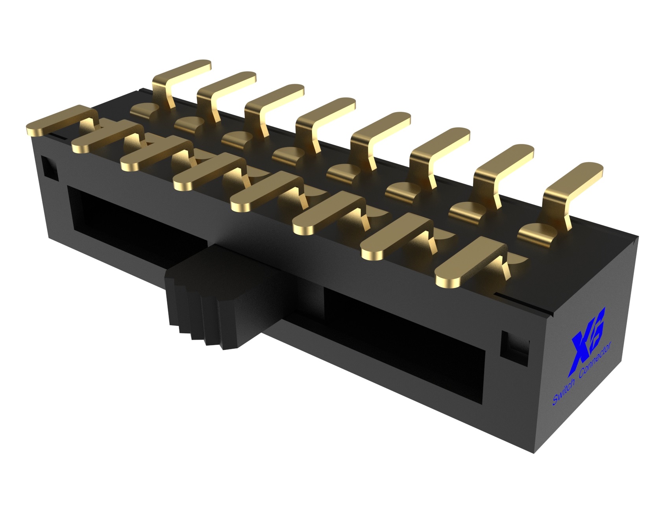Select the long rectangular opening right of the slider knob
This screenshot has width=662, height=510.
point(405,334)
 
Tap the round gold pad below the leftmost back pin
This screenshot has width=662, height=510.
point(144,110)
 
